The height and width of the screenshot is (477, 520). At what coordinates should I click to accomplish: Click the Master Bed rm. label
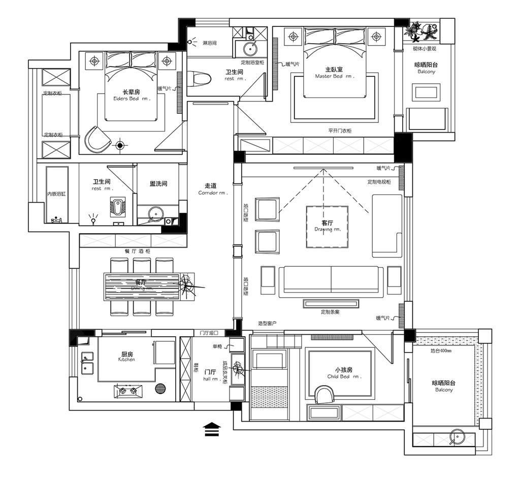click(334, 73)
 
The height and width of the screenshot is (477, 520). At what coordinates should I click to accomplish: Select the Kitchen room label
click(127, 357)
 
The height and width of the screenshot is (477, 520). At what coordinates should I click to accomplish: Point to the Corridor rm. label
click(213, 189)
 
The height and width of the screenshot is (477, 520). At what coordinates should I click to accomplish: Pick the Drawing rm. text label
click(327, 226)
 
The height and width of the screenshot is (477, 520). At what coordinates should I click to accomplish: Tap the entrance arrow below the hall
click(212, 429)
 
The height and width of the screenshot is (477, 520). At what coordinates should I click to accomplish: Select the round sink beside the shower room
click(250, 49)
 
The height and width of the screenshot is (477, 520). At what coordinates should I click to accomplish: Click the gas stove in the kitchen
click(127, 391)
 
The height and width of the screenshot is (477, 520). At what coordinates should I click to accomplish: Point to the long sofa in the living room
click(331, 280)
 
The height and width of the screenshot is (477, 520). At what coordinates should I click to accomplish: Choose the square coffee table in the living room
click(327, 226)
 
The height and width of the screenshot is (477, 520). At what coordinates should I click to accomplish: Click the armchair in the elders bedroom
click(97, 139)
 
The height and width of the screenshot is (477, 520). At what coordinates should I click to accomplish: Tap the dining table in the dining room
click(142, 287)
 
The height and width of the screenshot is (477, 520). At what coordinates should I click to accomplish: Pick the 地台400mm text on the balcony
click(441, 351)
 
